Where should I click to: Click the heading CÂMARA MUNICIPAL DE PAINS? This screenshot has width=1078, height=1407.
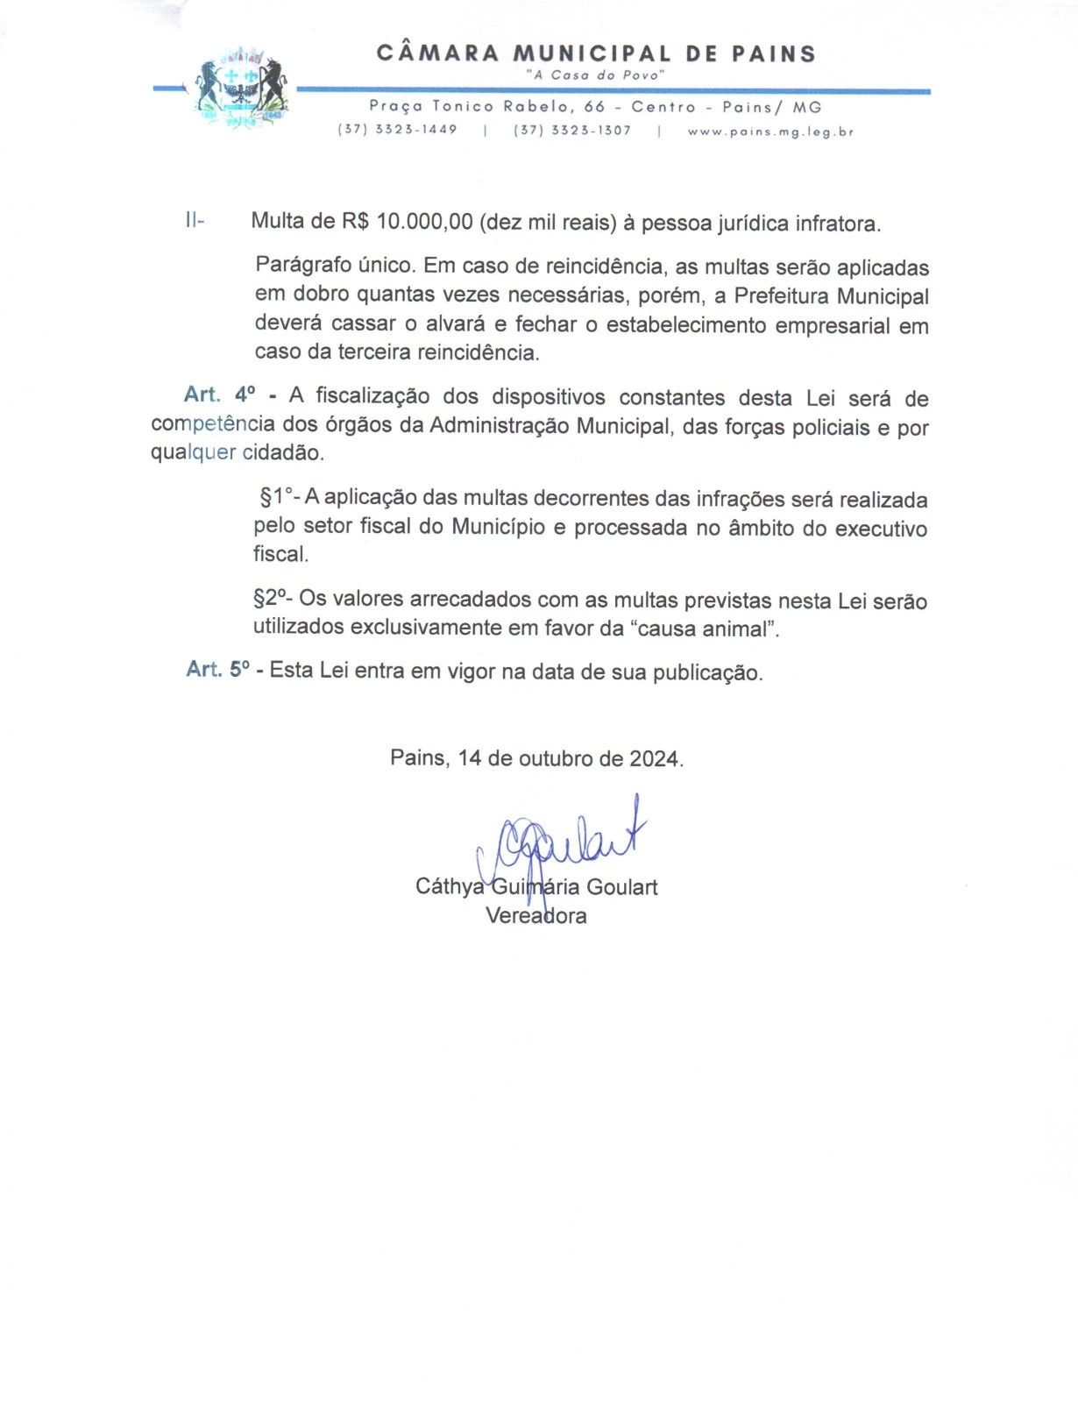point(596,53)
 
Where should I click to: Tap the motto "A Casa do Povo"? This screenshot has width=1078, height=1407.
point(595,75)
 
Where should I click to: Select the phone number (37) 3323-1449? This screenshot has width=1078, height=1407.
point(397,130)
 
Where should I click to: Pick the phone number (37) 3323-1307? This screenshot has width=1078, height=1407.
point(572,130)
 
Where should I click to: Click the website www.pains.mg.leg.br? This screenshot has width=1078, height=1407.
point(769,131)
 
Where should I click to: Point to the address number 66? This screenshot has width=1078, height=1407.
point(594,107)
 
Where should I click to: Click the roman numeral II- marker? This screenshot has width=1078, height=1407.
point(195,220)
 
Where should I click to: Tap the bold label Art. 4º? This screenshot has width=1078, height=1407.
point(220,394)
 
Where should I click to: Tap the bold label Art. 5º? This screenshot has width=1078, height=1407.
point(217,670)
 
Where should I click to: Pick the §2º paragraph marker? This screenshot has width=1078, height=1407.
point(272,599)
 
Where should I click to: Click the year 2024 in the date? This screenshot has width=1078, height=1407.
point(655,758)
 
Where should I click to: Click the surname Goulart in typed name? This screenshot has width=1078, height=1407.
point(621,887)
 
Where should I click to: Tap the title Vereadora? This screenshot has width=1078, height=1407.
point(536,916)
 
